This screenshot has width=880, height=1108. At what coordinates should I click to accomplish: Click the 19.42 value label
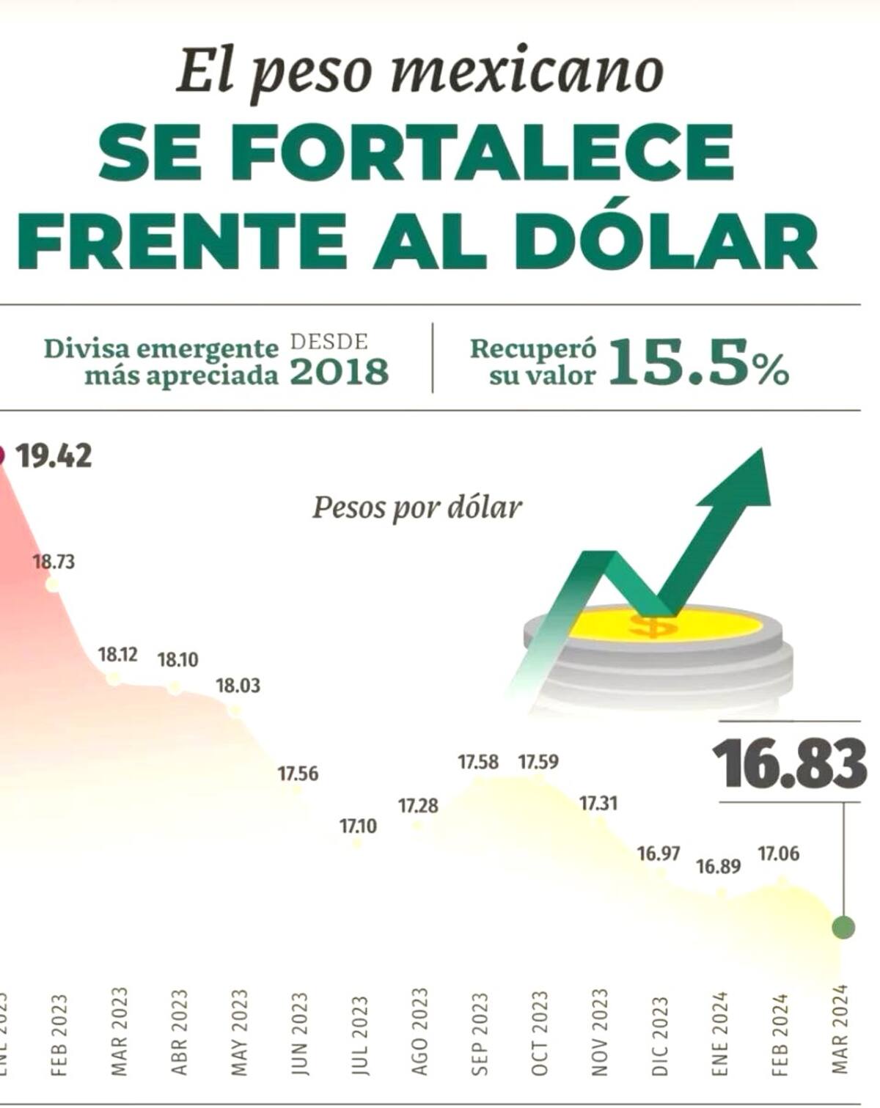[54, 456]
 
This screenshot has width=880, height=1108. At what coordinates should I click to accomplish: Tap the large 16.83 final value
[789, 764]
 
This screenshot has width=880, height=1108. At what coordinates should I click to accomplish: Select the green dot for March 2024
[843, 928]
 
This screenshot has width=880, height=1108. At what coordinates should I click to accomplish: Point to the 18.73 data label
[54, 562]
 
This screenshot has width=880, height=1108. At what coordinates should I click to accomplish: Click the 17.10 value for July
[358, 826]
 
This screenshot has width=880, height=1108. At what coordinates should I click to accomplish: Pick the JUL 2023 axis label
[359, 1035]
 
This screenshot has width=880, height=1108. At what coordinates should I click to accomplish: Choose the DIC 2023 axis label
[660, 1035]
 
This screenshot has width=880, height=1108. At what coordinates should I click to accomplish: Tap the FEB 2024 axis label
[780, 1035]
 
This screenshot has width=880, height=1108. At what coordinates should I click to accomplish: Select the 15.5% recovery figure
[698, 362]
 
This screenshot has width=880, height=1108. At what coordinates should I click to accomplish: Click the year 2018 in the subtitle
[339, 373]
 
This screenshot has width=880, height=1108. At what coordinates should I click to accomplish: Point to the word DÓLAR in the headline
[666, 243]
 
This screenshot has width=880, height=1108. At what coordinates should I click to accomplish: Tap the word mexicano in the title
[527, 72]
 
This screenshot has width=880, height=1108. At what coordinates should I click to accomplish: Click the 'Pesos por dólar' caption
[417, 507]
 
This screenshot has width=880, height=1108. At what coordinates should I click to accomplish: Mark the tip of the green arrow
[763, 453]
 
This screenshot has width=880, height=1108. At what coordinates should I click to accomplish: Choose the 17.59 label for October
[538, 762]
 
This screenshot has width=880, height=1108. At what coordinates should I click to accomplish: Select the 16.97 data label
[658, 854]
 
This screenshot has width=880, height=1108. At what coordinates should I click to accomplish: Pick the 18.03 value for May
[238, 686]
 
